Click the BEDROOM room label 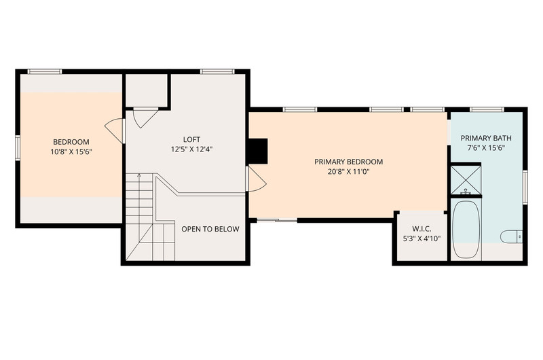point(71,142)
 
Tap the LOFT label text point(191,139)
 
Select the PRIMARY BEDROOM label point(349,162)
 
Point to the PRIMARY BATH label point(486,138)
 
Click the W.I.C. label point(422,229)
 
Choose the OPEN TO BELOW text point(210,229)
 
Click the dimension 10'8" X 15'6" point(71,151)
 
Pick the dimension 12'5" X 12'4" point(191,149)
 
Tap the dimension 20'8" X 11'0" point(349,171)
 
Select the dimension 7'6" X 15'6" point(486,147)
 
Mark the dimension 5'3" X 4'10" point(422,238)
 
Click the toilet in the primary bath point(511,236)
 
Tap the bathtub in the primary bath point(466,229)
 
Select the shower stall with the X point(466,180)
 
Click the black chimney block point(259,151)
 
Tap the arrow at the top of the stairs point(139,175)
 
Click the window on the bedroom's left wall point(18,148)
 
